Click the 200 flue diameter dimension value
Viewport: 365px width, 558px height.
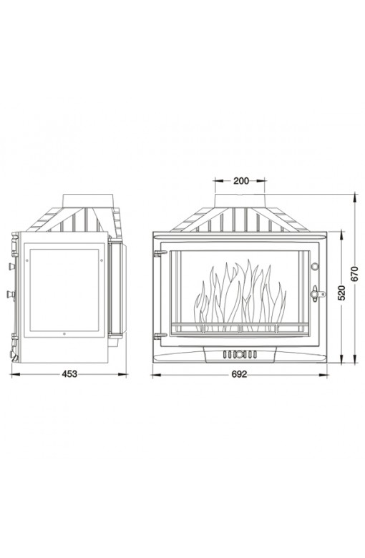pos(241,181)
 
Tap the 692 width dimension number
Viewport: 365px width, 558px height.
pos(239,374)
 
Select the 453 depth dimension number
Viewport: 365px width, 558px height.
pos(69,374)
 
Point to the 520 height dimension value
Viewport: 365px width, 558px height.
pos(341,293)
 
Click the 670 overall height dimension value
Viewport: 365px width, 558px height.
pos(355,273)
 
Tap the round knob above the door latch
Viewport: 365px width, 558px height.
pos(315,266)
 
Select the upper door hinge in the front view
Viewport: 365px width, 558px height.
pos(160,253)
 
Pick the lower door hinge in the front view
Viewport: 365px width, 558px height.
pos(160,336)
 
